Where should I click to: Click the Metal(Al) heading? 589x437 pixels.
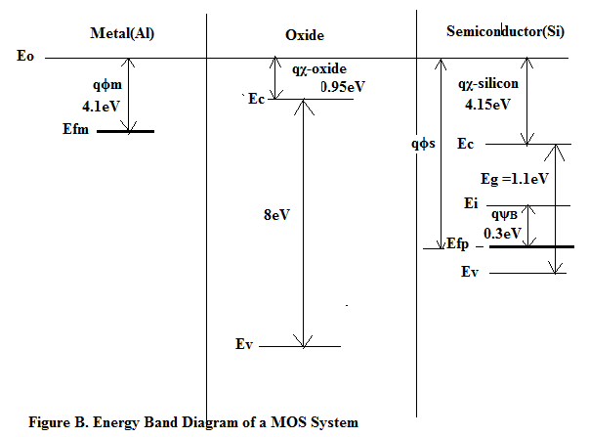[122, 34]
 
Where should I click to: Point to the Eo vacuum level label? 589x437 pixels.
[25, 57]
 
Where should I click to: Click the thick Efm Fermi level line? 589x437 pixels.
[124, 131]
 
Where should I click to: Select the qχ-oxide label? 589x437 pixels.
[319, 69]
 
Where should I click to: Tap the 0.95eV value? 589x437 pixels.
[343, 86]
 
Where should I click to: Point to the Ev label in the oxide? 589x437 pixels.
[245, 344]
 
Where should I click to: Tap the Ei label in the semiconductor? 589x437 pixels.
[471, 203]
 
